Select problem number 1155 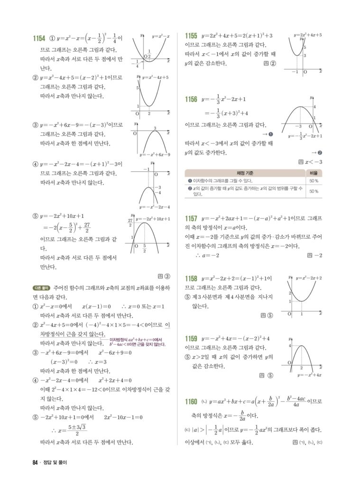point(191,36)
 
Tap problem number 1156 point(191,100)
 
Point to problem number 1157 point(191,219)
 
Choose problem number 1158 point(191,279)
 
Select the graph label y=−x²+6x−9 point(155,154)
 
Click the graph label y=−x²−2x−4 point(155,207)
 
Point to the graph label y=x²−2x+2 point(309,278)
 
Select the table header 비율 point(314,173)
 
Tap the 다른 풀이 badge point(41,288)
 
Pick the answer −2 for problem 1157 point(318,256)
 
